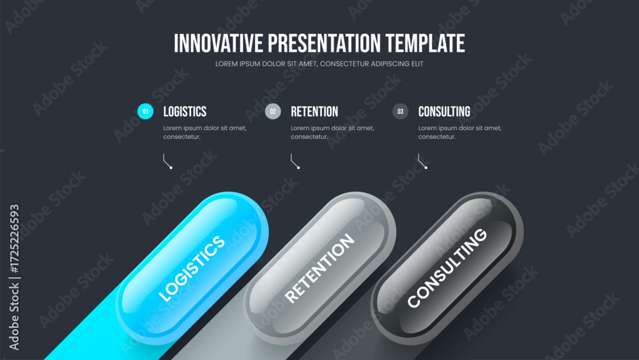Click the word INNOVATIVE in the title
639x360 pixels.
click(219, 43)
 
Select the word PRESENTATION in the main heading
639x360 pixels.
click(325, 43)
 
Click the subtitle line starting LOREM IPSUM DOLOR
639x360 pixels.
click(319, 64)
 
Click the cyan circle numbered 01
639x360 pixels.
click(146, 111)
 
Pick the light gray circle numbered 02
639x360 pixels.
click(273, 111)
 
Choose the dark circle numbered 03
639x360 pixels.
click(401, 111)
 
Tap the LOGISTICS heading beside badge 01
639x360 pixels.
click(185, 111)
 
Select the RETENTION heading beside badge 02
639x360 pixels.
click(314, 111)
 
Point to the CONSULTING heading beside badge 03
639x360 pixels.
click(444, 111)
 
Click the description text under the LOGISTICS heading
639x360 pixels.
click(205, 132)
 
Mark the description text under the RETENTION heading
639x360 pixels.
click(332, 132)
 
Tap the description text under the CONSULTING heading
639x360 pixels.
click(460, 132)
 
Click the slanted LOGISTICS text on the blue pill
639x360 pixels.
click(192, 269)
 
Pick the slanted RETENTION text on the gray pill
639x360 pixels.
click(319, 269)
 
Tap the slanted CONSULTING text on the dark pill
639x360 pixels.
click(447, 268)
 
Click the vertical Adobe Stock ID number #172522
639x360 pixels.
click(14, 239)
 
